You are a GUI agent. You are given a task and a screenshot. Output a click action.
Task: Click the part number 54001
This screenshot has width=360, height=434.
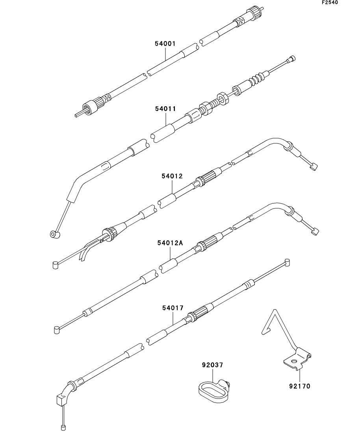(165, 43)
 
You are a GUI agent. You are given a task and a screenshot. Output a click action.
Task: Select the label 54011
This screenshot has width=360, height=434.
(165, 109)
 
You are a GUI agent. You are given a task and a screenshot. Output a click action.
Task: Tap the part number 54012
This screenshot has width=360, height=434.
(173, 176)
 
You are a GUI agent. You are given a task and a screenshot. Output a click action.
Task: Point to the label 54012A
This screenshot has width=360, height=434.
(170, 243)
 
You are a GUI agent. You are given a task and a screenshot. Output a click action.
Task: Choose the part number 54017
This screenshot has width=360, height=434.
(173, 308)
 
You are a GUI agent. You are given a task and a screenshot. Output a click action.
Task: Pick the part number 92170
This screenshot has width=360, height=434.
(300, 386)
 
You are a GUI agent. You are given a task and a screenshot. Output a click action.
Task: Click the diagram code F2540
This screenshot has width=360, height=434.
(330, 3)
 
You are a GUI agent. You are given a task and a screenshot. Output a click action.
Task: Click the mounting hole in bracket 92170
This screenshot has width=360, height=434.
(294, 361)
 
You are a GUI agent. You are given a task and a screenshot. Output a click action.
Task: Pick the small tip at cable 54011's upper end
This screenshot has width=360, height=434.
(292, 59)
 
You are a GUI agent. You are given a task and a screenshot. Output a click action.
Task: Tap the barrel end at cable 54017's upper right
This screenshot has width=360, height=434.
(287, 262)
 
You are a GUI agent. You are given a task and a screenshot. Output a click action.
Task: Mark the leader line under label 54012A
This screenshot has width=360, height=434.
(171, 253)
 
